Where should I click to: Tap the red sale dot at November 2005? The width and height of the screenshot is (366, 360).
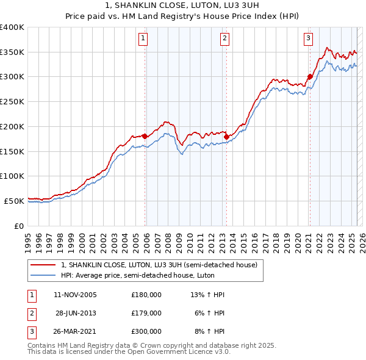[145, 136]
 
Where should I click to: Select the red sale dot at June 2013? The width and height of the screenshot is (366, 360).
[226, 137]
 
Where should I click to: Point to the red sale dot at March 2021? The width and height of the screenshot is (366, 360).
[310, 76]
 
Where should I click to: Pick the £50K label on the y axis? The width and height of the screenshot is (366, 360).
[14, 201]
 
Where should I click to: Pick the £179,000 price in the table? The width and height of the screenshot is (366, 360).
[146, 313]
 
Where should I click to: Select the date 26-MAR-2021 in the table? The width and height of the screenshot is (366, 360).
[75, 331]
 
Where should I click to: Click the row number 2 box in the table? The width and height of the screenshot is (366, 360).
[31, 313]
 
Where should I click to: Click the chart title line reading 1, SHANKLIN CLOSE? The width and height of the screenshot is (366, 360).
[183, 6]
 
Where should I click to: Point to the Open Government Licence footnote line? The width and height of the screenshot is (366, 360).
[129, 352]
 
